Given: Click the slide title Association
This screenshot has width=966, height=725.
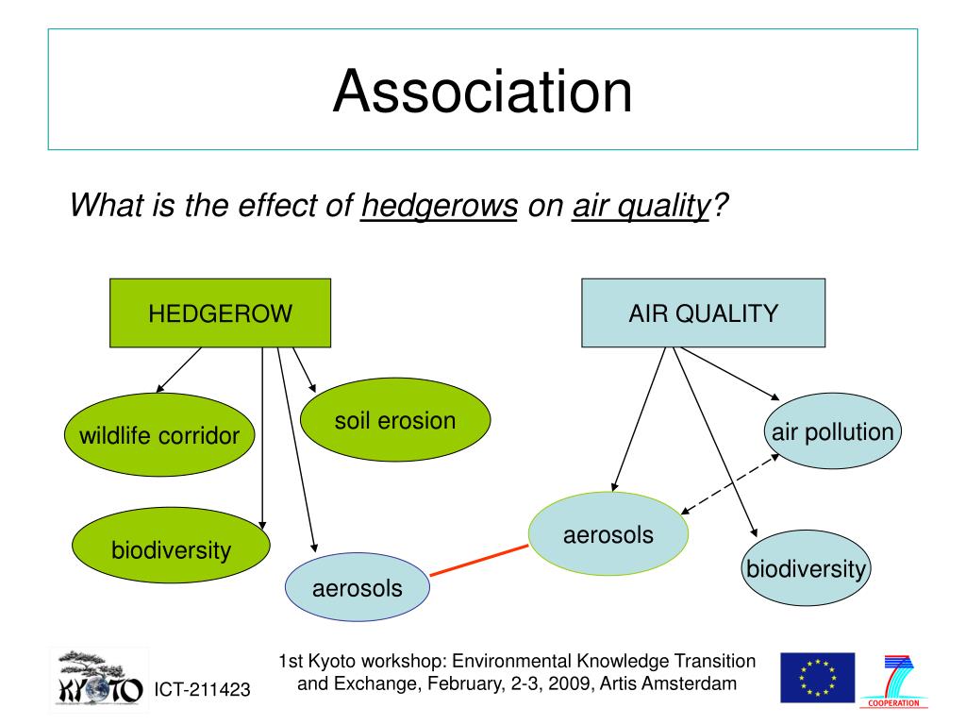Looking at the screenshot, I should pos(482,91).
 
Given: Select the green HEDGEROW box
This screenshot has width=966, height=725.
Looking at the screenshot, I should pos(220,312).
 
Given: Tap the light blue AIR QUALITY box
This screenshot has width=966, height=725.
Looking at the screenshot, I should pos(703,312).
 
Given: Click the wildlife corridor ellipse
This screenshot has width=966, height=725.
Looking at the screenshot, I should pos(158,435).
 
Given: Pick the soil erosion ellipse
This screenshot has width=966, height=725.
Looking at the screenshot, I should pos(394,421).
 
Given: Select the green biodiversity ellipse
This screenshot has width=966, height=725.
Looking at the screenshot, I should pos(171,548).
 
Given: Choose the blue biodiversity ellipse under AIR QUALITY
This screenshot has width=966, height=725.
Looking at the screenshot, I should pos(806,568).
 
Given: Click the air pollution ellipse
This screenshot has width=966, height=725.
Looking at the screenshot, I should pos(832,432).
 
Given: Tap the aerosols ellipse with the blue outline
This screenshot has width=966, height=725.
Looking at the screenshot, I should pos(357,588).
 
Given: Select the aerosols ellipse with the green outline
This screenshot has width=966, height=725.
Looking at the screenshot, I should pos(608,534).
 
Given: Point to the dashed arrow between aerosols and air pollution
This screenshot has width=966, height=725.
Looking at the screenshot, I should pos(730,483).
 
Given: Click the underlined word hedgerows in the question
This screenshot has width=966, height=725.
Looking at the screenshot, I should pos(440,205).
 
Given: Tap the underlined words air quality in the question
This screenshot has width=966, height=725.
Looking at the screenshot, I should pos(641,205).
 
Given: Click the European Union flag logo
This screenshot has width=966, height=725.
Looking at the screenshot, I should pos(817,677).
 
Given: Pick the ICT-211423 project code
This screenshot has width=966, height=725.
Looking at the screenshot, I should pos(202,691).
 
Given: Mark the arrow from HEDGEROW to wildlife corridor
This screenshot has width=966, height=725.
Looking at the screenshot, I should pos(179,369).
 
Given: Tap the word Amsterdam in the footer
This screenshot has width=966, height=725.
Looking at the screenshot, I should pos(690,683).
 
